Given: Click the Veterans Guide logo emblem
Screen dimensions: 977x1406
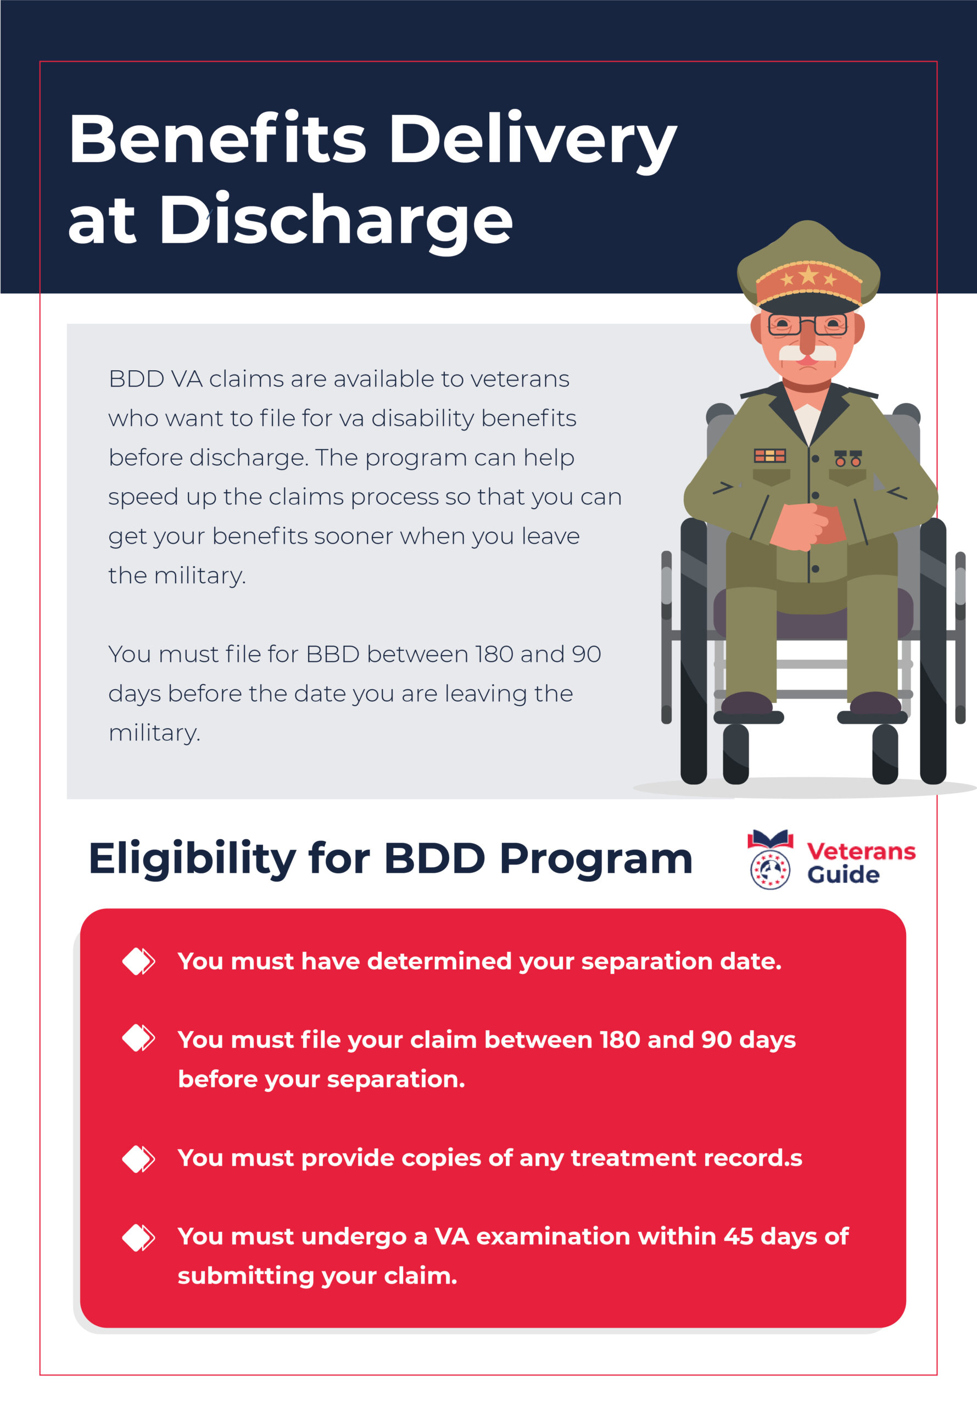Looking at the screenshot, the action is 770,859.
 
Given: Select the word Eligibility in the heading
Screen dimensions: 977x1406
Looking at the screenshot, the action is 192,860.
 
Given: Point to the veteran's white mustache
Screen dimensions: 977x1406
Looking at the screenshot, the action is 807,353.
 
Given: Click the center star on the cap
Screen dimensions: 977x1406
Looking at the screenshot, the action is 808,274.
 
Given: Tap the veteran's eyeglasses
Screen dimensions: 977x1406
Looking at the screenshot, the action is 807,324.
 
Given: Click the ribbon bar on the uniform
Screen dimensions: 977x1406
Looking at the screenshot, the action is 769,455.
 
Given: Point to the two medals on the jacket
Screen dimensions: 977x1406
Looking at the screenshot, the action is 848,458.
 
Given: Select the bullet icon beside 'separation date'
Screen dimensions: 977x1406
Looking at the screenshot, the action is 138,961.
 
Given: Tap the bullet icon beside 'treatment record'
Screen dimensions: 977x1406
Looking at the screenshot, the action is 138,1159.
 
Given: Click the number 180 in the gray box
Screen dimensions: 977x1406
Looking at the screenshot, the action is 495,654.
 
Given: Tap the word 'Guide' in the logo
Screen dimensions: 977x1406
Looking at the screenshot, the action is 843,875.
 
